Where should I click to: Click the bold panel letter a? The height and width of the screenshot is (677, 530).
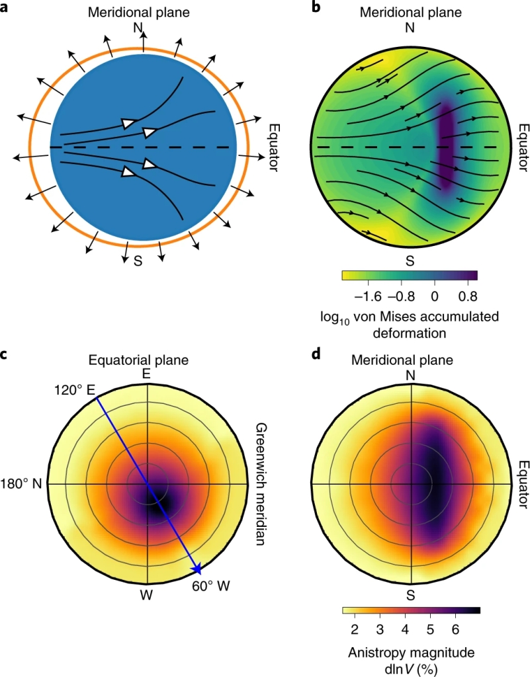click(x=7, y=8)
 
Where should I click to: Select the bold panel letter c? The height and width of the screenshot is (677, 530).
click(x=6, y=356)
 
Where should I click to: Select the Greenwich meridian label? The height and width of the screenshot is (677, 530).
click(x=259, y=484)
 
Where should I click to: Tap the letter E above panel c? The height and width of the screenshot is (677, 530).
click(x=147, y=374)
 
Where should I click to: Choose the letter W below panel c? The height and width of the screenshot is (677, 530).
click(x=147, y=594)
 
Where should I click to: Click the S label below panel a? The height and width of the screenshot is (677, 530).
click(x=138, y=260)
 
